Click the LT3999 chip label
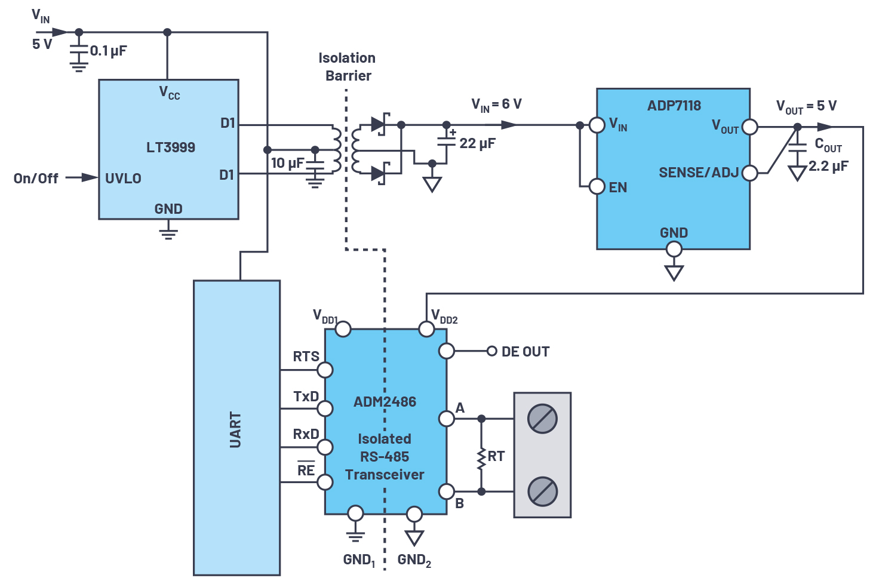[x=171, y=147]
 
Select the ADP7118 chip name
[x=674, y=106]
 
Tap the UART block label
[x=235, y=430]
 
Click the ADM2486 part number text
[x=385, y=402]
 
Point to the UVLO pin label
[x=123, y=179]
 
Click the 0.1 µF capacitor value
[x=109, y=51]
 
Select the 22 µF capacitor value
[x=478, y=143]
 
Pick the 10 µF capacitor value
[x=288, y=163]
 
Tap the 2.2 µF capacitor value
[x=828, y=167]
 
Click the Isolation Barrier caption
[x=347, y=67]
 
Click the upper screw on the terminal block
[x=542, y=419]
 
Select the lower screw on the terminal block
[x=542, y=491]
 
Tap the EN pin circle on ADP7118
[x=597, y=187]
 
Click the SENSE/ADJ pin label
[x=699, y=173]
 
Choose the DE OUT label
[x=525, y=352]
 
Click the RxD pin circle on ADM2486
[x=325, y=447]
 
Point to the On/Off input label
[x=36, y=179]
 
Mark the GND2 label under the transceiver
[x=414, y=560]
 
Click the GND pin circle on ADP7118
[x=674, y=249]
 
